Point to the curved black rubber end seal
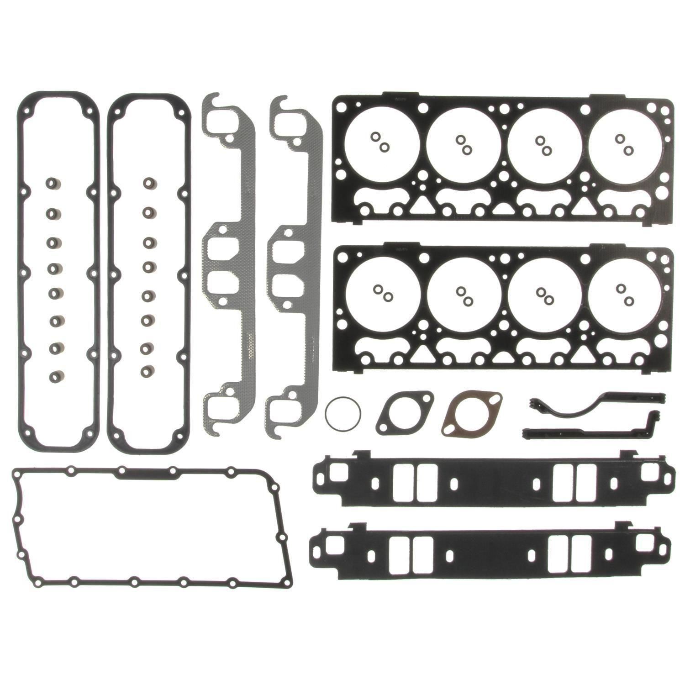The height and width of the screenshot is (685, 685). click(x=594, y=404)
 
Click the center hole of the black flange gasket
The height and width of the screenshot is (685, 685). click(x=405, y=415)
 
